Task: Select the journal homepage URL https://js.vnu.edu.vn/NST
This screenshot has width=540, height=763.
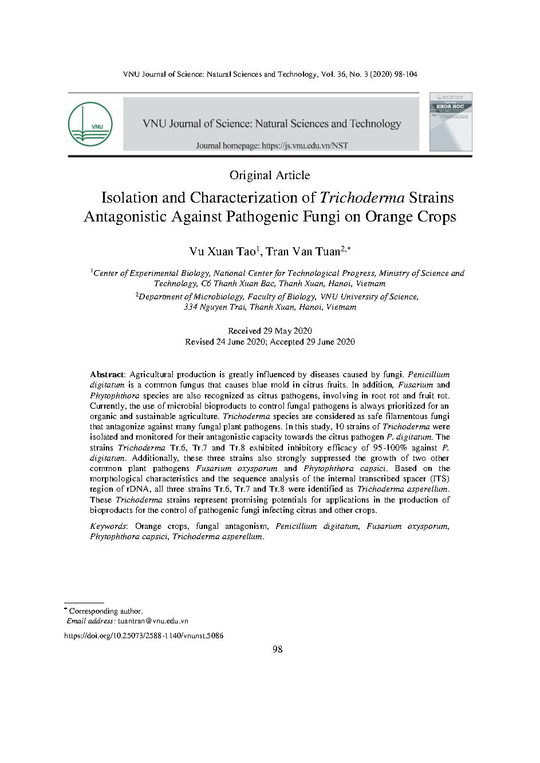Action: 304,146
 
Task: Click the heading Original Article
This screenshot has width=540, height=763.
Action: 269,175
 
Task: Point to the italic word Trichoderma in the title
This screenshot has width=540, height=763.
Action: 362,198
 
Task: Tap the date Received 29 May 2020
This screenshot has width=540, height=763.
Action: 270,331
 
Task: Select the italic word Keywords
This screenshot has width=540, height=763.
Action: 108,526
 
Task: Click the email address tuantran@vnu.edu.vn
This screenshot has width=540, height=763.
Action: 153,621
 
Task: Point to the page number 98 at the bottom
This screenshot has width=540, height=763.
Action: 278,649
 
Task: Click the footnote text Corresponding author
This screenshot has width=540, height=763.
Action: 106,611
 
